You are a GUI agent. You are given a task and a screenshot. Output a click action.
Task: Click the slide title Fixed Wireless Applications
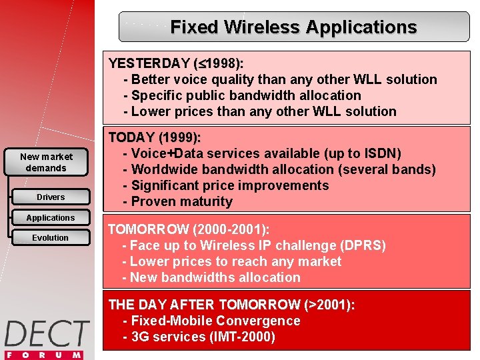coord(293,27)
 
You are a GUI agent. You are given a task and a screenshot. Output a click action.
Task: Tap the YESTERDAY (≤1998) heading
coord(176,63)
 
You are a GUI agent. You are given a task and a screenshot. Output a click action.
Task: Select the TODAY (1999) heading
coord(155,138)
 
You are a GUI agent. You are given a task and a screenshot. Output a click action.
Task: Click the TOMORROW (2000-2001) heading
coord(189,230)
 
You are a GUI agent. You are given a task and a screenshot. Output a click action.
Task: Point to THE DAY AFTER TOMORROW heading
coord(231,305)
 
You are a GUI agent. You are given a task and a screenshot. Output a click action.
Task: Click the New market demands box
coord(46,163)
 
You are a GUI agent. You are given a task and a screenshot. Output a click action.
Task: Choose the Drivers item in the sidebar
coord(51,197)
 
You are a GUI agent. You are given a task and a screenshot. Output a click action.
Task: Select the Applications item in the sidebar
coord(51,218)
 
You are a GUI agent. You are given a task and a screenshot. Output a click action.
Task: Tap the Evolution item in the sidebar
coord(51,238)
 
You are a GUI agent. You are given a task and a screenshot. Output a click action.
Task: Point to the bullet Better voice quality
coord(280,79)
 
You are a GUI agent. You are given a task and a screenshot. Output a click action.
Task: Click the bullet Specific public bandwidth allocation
coord(245,95)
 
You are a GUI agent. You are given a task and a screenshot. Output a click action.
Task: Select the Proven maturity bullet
coord(181,201)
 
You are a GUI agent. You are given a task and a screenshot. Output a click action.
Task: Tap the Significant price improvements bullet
coord(230,185)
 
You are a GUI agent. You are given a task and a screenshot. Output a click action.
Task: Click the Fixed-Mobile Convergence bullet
coord(215,321)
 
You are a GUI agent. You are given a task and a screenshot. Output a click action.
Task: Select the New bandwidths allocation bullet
coord(215,277)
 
